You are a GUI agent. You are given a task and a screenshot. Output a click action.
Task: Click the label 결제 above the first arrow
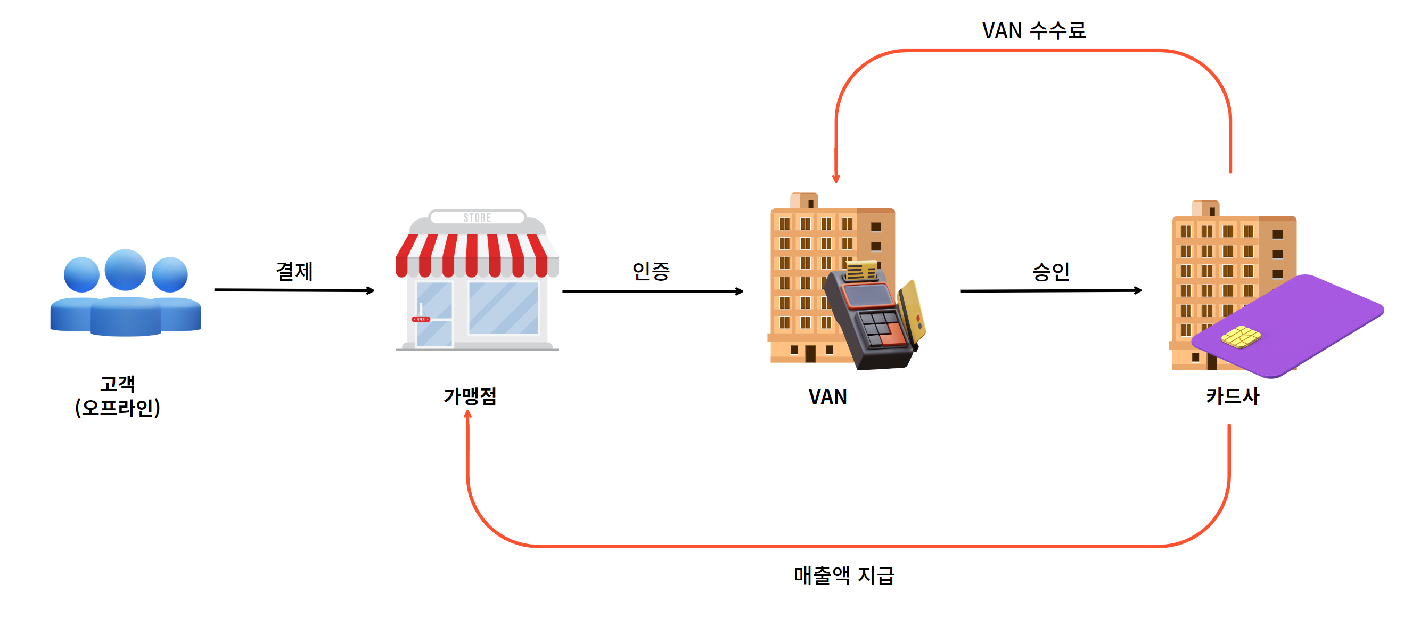294,271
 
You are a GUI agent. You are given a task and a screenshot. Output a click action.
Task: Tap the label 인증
651,271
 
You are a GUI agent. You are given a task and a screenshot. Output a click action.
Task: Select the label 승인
1051,271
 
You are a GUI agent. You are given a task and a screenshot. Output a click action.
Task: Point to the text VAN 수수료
1034,31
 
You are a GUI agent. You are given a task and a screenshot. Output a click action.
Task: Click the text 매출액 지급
844,575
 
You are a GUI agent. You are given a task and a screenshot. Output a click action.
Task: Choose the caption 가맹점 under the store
470,396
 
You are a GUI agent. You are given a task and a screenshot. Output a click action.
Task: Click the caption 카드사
1233,396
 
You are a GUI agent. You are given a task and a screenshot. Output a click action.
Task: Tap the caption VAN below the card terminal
827,396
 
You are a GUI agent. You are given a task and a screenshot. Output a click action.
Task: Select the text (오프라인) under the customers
117,408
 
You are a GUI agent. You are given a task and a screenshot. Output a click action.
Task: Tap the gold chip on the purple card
1241,337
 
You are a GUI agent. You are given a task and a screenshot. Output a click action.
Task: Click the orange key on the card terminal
892,335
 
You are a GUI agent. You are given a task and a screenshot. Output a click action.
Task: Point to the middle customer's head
125,270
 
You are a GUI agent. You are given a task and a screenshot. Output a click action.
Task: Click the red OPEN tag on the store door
421,319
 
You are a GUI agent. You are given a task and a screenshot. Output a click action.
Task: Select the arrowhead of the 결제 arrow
370,291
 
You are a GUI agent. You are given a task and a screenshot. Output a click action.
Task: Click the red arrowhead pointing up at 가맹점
467,415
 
